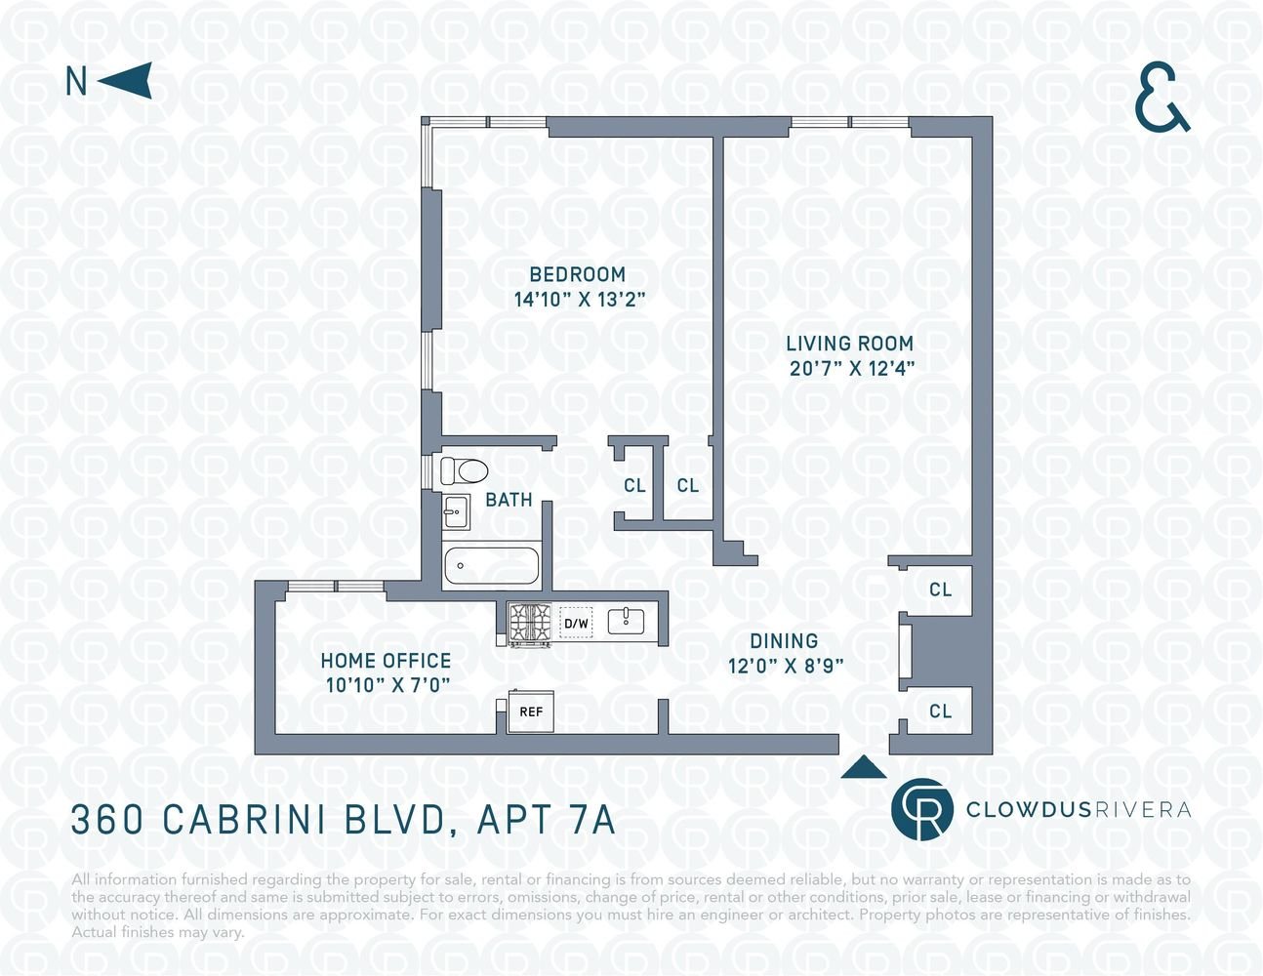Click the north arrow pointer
coord(129,80)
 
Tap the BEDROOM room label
coord(577,274)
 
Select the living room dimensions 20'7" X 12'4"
coord(852,368)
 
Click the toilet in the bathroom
coord(464,470)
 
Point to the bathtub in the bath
coord(492,565)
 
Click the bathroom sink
coord(456,511)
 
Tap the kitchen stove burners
coord(529,624)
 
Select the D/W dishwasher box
coord(576,624)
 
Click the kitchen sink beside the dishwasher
coord(626,621)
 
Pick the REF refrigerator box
coord(531,712)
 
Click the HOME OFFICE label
coord(386,661)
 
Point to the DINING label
coord(784,641)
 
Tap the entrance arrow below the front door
coord(864,767)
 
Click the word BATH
coord(509,500)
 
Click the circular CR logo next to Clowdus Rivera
coord(921,809)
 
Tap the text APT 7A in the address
coord(546,820)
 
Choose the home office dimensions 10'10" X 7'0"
coord(387,685)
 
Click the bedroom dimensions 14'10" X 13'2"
coord(580,300)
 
